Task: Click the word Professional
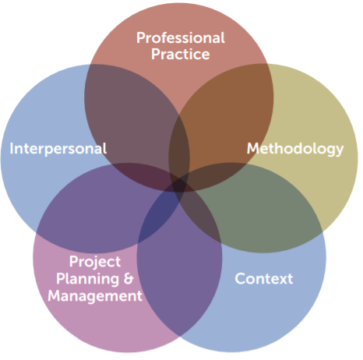point(181,38)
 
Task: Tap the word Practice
point(181,55)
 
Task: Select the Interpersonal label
point(58,149)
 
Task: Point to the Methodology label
point(295,149)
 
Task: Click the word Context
point(264,279)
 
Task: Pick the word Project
point(95,262)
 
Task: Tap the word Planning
point(88,279)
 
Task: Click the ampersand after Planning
point(129,279)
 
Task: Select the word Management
point(95,296)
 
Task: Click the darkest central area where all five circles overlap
point(179,185)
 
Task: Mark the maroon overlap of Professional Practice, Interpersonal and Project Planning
point(146,177)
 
